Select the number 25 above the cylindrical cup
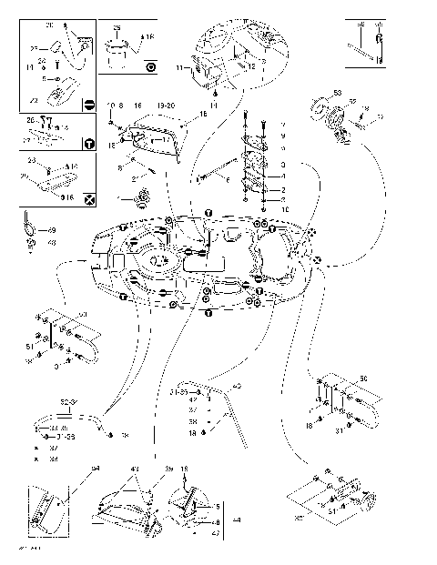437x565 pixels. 117,28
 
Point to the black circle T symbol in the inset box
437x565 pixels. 88,143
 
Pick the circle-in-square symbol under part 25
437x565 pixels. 150,66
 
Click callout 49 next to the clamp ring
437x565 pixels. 51,230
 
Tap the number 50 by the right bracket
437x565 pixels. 364,377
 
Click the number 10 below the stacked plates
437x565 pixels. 259,209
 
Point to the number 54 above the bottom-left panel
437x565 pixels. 95,469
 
